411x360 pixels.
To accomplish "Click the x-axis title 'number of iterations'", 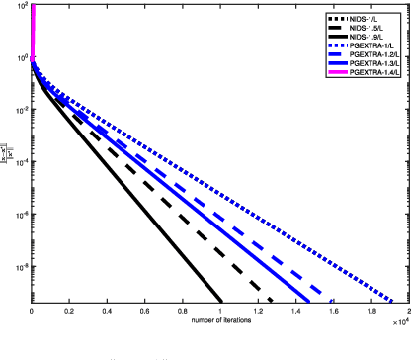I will [219, 323].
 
